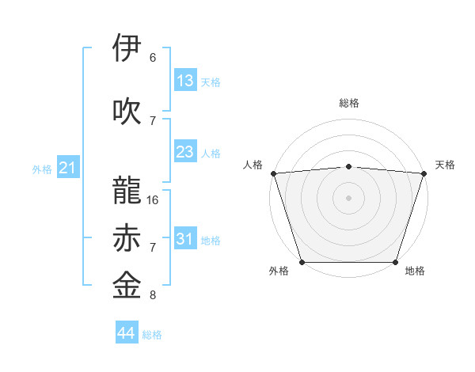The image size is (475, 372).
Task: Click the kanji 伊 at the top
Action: coord(127,49)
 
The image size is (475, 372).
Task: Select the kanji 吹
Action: coord(127,112)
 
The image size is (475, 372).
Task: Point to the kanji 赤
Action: coord(127,238)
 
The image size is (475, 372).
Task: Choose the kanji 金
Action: coord(127,286)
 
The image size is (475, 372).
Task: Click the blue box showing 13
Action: coord(184,81)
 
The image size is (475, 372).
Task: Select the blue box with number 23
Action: coord(184,152)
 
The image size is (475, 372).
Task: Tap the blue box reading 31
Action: coord(184,239)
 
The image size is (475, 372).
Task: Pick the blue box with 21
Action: coord(67,168)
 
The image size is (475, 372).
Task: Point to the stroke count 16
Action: coord(153,200)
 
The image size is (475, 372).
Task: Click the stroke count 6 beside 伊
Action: coord(153,58)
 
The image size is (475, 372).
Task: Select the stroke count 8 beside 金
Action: coord(153,295)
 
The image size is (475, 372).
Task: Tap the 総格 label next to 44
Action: coord(152,335)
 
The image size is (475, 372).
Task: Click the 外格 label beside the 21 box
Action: coord(42,169)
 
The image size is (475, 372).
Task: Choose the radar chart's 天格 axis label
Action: coord(445,165)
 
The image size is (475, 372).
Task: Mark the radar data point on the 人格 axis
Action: coord(273,173)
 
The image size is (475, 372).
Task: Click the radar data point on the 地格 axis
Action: coord(395,262)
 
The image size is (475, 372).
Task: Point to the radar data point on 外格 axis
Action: coord(302,262)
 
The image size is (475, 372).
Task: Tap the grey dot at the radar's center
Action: coord(348,198)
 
